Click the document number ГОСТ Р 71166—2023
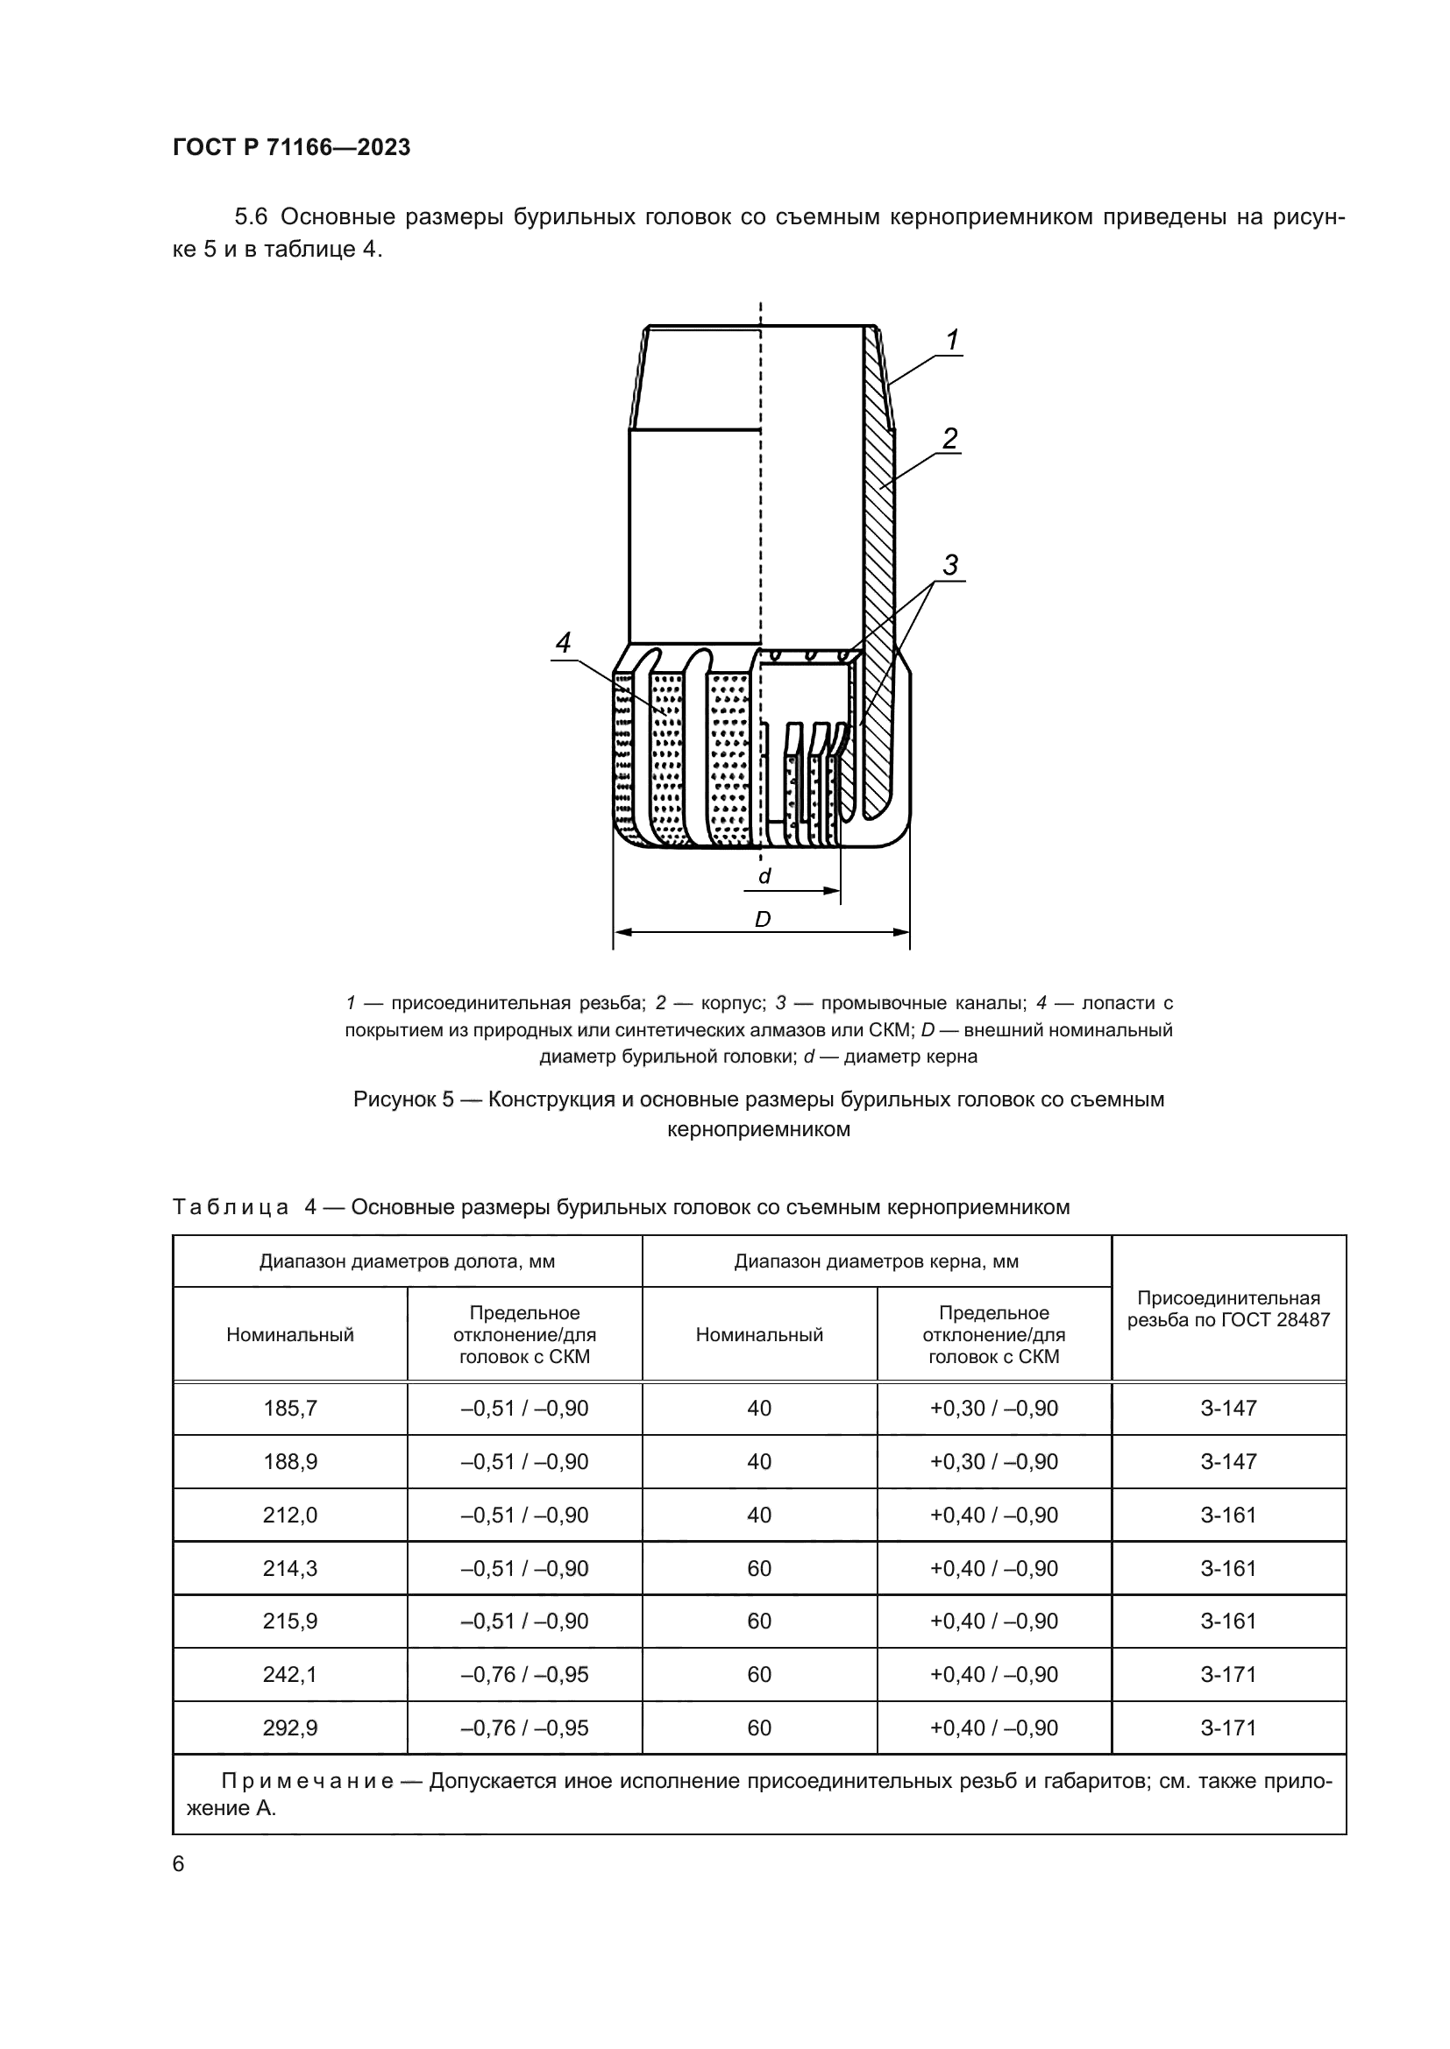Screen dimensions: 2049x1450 click(291, 147)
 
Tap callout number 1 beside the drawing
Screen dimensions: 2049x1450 click(952, 340)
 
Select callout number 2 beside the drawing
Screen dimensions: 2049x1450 click(950, 438)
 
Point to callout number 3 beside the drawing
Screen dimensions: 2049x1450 click(950, 565)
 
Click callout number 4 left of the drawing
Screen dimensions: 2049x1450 click(563, 642)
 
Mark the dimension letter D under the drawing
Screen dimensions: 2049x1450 click(762, 919)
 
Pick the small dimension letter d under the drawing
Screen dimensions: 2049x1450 click(764, 876)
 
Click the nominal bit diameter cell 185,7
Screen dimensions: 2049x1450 click(290, 1409)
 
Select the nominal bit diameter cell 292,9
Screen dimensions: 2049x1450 click(290, 1728)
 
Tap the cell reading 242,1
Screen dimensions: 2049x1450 click(290, 1674)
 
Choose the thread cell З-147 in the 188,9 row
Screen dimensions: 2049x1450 click(1227, 1462)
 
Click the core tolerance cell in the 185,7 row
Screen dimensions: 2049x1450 click(994, 1409)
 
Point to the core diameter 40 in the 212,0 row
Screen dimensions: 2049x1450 click(759, 1515)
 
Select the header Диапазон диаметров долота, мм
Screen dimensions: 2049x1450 click(407, 1261)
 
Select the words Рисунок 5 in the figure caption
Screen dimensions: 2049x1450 click(402, 1099)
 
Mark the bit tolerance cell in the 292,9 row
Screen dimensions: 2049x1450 click(524, 1728)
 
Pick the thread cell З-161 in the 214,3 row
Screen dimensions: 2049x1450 click(1227, 1568)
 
